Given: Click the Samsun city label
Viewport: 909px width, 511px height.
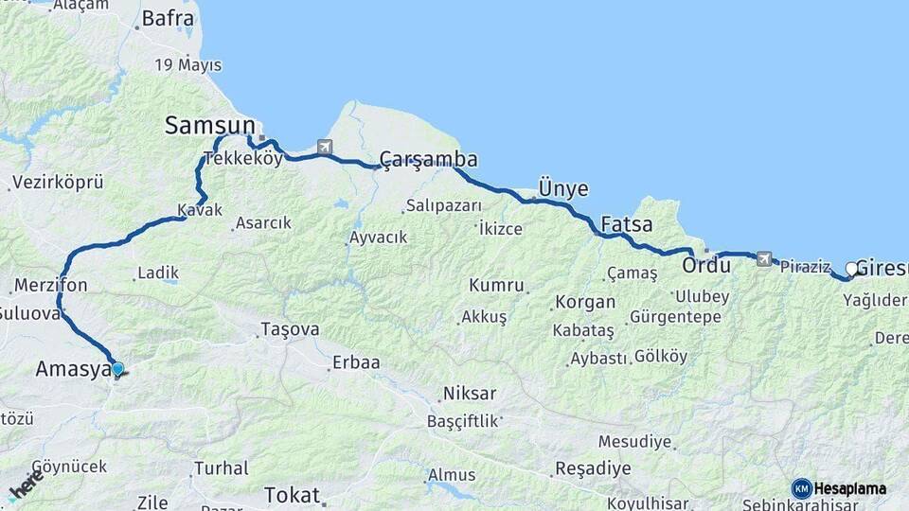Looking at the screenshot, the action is (210, 125).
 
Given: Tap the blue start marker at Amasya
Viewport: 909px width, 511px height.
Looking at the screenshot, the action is (117, 369).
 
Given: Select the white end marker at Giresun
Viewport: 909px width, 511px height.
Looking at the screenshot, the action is (851, 269).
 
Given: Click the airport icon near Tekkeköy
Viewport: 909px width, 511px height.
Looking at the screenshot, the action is (326, 147).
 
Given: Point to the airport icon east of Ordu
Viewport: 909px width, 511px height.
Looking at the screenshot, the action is (764, 258).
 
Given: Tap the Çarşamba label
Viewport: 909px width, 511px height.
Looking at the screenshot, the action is (428, 158).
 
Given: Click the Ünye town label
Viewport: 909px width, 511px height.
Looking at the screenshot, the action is (562, 187).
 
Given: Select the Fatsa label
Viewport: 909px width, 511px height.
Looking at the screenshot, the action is (626, 225).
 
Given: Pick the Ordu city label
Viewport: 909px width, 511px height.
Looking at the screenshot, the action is (705, 265).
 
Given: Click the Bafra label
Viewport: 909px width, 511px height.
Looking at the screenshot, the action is (168, 17).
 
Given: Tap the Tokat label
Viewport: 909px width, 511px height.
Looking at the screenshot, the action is (293, 494).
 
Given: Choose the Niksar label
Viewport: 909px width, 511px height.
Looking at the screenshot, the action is (469, 393).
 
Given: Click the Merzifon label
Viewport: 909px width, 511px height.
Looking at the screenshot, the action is (51, 285).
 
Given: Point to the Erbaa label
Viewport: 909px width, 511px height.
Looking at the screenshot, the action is (355, 362).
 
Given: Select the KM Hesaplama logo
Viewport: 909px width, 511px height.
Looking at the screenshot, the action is (839, 488).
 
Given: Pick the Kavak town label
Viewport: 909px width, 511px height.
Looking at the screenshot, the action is (199, 209).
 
